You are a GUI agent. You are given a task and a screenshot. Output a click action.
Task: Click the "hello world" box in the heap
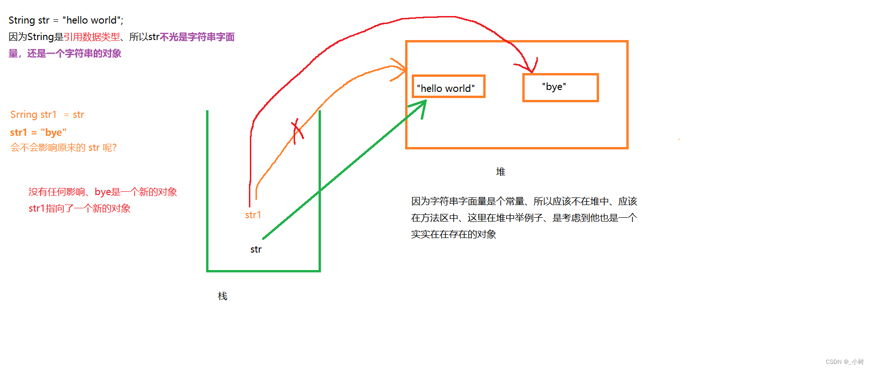(x=448, y=87)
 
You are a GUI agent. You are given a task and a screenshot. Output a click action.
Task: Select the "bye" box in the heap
(x=560, y=88)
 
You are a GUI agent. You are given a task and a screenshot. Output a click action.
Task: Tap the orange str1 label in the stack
(x=253, y=215)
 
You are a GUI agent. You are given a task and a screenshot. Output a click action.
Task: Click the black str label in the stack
(x=256, y=249)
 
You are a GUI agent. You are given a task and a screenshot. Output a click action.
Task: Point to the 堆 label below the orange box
(x=501, y=172)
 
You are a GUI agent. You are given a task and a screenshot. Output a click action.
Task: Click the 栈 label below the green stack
(x=223, y=296)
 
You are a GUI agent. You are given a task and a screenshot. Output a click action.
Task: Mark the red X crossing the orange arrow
(x=297, y=131)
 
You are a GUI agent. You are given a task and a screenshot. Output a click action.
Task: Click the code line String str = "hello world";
(x=66, y=20)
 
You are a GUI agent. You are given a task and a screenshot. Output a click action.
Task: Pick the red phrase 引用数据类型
(x=92, y=37)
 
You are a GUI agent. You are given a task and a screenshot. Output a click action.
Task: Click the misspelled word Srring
(x=24, y=115)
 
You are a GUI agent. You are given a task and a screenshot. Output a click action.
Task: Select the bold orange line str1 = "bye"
(x=38, y=132)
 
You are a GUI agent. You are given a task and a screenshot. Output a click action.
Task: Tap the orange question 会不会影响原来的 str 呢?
(x=63, y=148)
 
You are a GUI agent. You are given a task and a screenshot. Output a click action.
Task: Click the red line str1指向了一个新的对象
(x=79, y=208)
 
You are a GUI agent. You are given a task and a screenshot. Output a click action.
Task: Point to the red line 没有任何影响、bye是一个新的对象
(x=102, y=192)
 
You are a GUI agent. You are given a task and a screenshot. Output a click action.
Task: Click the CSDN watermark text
(x=844, y=362)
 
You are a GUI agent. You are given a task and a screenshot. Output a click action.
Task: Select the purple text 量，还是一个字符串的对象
(x=64, y=54)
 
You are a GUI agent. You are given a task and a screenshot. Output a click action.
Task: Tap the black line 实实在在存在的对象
(x=453, y=234)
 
